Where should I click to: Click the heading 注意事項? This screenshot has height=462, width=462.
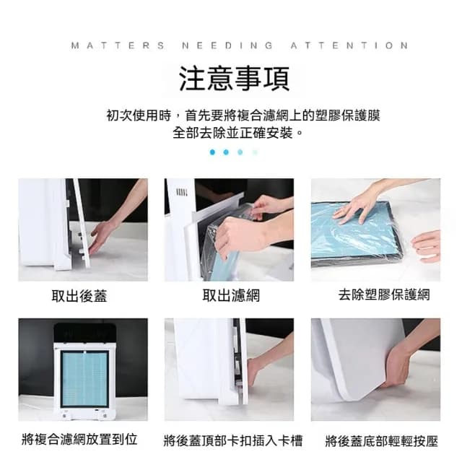point(231,78)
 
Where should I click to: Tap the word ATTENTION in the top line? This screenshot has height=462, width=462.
point(349,45)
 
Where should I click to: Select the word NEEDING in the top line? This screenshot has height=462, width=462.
point(227,45)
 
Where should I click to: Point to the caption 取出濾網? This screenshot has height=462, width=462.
point(230,295)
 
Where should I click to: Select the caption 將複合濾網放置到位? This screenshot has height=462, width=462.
point(80,439)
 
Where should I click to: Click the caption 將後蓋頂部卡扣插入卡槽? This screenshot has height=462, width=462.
point(232,440)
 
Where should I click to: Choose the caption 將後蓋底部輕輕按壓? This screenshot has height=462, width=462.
point(381,440)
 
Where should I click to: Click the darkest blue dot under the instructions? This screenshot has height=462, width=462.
point(212,152)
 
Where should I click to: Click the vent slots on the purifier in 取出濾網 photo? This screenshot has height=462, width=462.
point(182,193)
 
